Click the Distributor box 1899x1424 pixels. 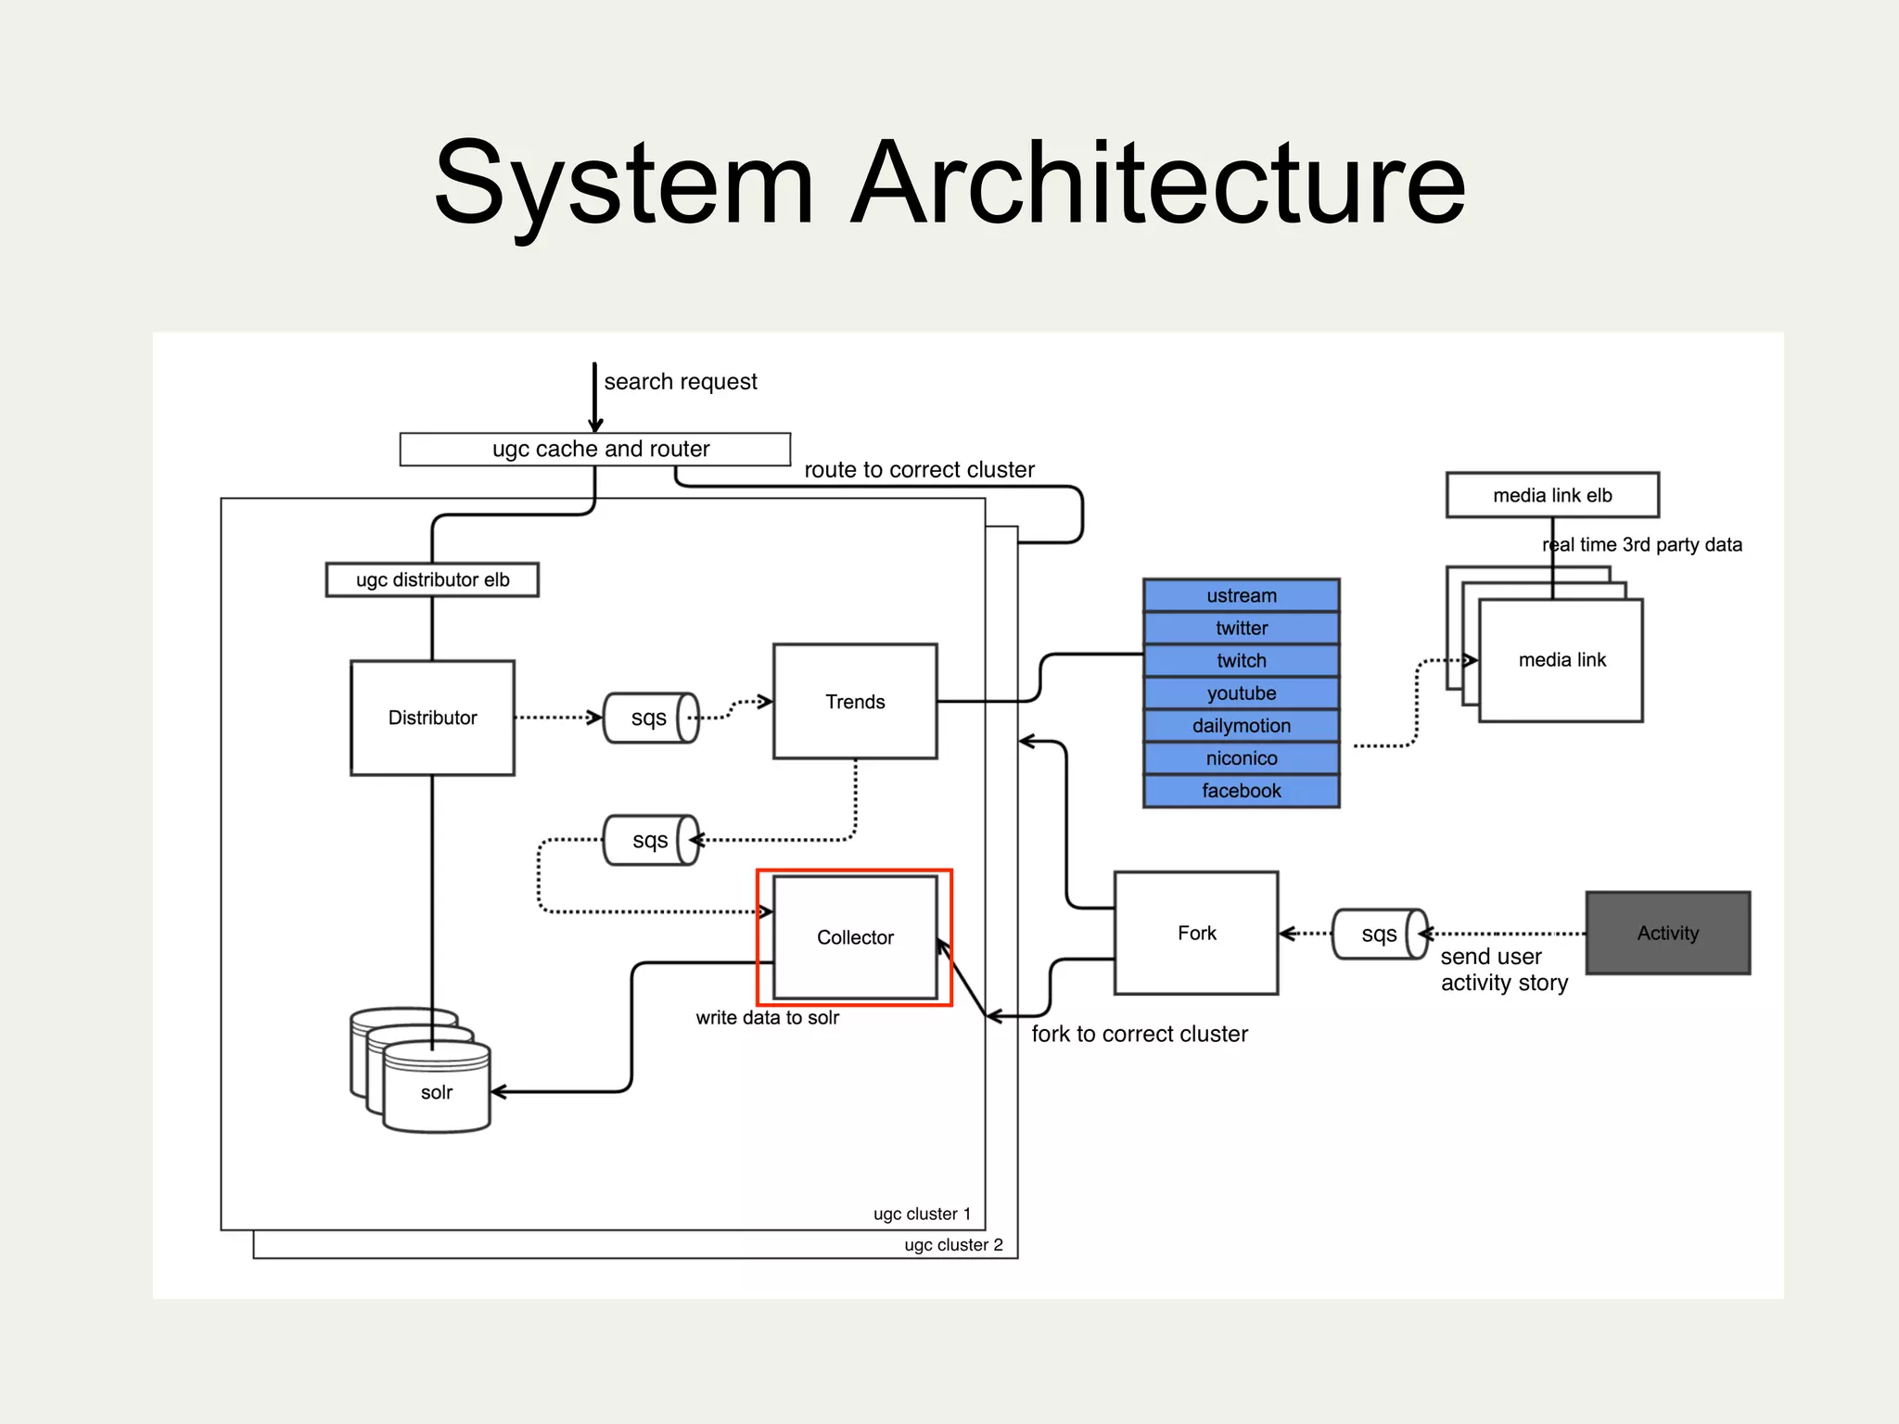pos(432,718)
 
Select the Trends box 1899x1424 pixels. pos(855,702)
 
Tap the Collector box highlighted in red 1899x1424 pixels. pos(855,937)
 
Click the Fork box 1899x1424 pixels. pos(1196,933)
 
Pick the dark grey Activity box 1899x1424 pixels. pos(1667,933)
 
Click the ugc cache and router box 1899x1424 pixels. pos(595,450)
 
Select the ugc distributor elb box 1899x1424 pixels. pos(432,580)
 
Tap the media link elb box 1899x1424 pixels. pos(1552,495)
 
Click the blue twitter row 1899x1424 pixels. pos(1242,629)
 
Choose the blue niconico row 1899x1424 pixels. pos(1242,758)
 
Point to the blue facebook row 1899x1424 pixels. pos(1242,791)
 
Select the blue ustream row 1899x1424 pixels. pos(1242,596)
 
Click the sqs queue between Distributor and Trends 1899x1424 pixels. pos(650,718)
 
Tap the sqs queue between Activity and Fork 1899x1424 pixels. pos(1379,934)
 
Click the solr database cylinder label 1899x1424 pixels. pos(437,1092)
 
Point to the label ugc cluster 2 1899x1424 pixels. pos(953,1245)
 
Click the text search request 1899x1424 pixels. pos(681,382)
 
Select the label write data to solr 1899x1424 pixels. pos(767,1018)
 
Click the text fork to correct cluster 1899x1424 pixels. pos(1140,1034)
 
